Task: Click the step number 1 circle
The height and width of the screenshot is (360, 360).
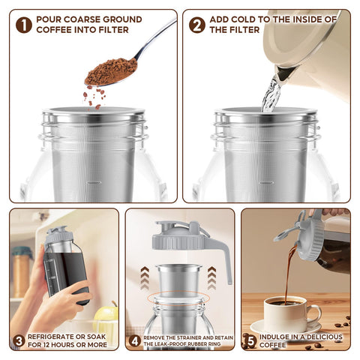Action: point(24,24)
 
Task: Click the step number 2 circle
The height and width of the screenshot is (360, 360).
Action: point(197,24)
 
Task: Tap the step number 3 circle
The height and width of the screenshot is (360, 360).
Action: point(18,342)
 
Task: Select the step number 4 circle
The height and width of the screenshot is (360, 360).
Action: point(134,340)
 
